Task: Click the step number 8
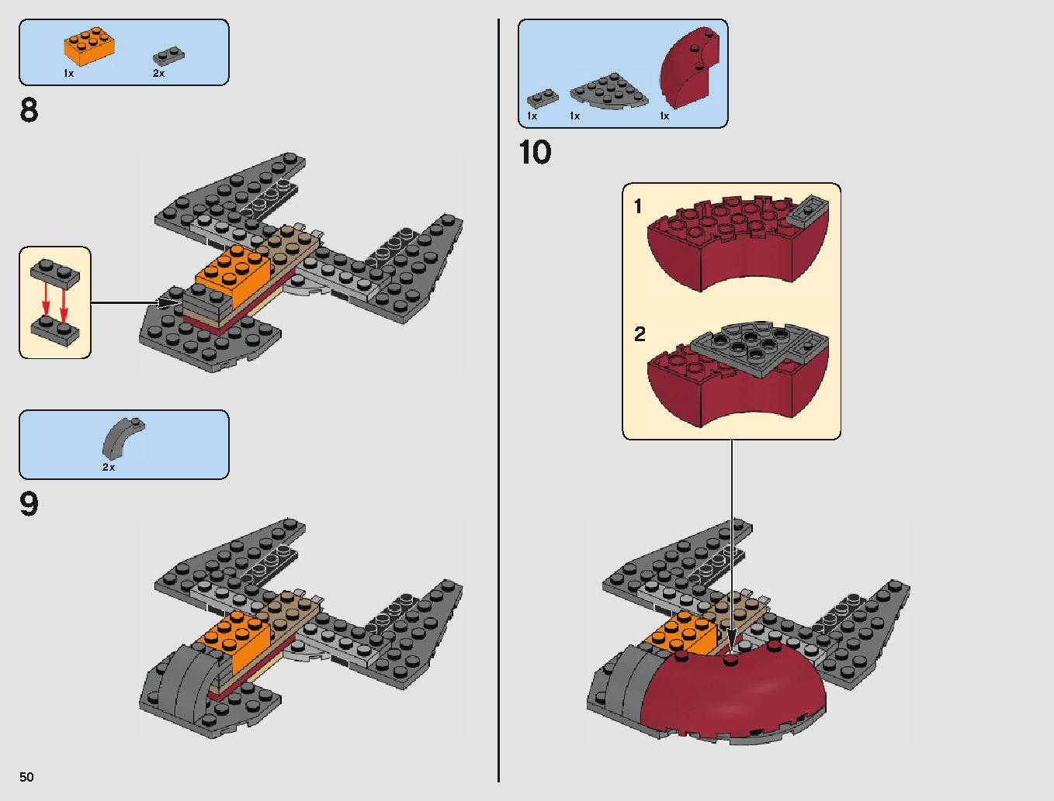29,110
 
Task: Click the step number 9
29,505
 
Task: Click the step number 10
535,153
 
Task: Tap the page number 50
27,777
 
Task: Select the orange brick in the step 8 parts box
89,47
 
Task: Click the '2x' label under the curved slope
109,468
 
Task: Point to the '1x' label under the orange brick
69,73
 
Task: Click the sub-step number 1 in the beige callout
638,206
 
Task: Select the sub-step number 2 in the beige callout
640,334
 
